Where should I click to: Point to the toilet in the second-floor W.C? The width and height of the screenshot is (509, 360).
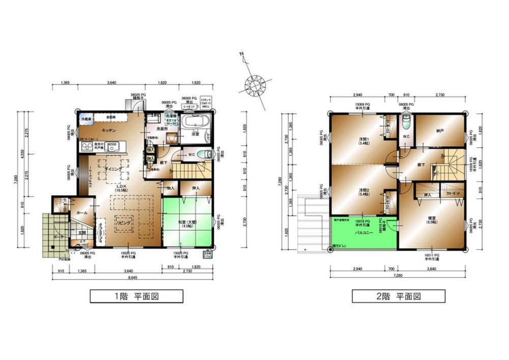(406, 123)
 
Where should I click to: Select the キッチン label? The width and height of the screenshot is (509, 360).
(110, 130)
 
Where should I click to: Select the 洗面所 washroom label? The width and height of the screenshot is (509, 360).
(162, 129)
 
